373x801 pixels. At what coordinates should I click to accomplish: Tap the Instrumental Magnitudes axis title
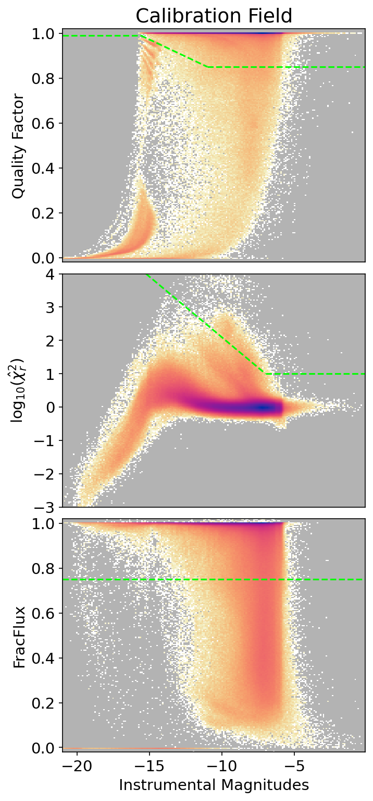[x=214, y=785]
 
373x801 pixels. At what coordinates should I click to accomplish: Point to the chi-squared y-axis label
[x=18, y=390]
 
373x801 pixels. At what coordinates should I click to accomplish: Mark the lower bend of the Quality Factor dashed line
[x=207, y=67]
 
